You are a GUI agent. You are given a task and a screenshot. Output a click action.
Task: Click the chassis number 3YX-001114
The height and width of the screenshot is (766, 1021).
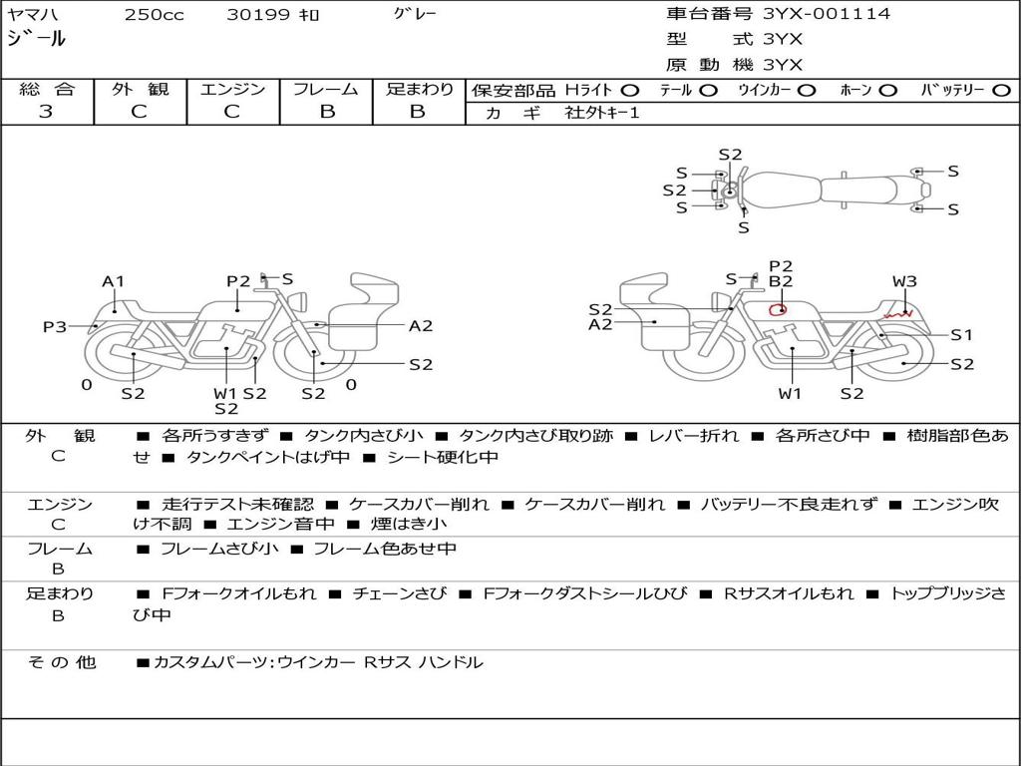tap(827, 13)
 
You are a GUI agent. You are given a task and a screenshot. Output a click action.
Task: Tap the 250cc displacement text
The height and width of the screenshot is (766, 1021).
tap(155, 14)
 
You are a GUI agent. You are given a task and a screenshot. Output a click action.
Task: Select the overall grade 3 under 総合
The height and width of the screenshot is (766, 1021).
tap(46, 111)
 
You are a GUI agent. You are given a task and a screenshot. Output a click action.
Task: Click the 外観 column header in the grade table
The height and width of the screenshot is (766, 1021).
tap(140, 89)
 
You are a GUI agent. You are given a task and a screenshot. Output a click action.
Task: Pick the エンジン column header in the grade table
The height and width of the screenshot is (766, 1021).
tap(232, 89)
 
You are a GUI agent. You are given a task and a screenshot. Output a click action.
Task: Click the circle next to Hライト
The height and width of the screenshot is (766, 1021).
tap(630, 91)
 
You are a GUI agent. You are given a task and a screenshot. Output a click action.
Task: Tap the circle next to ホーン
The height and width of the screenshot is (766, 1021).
tap(888, 91)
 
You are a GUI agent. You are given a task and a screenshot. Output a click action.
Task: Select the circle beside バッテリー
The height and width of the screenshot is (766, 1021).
tap(1001, 91)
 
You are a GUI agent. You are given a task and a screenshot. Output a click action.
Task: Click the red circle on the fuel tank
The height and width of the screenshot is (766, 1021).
tap(778, 309)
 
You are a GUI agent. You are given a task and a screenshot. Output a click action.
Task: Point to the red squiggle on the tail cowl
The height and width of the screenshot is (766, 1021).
tap(898, 314)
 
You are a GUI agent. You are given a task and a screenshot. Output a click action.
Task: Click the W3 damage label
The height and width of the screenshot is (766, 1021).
tap(904, 281)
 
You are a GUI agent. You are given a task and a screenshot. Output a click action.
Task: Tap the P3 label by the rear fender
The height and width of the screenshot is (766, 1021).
tap(56, 326)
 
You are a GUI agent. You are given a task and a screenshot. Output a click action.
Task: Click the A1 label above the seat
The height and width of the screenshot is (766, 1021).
tap(113, 281)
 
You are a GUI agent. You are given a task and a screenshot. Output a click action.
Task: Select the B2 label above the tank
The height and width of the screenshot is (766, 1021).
tap(781, 281)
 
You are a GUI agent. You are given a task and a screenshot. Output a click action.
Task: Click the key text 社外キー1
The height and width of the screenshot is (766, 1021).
tap(602, 113)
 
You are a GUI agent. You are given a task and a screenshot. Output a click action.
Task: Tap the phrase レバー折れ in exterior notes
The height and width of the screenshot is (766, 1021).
tap(694, 435)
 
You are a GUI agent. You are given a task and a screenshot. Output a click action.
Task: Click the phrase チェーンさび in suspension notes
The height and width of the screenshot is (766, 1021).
tap(400, 593)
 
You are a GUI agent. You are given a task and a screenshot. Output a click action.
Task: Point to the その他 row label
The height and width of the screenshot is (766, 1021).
tap(61, 662)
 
